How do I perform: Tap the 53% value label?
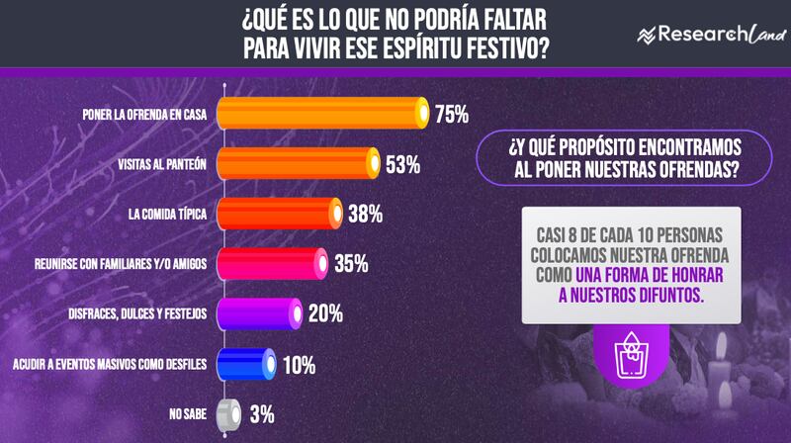(403, 164)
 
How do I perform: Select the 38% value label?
(365, 214)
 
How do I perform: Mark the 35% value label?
(351, 264)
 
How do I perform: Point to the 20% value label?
(325, 314)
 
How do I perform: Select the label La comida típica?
(167, 214)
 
